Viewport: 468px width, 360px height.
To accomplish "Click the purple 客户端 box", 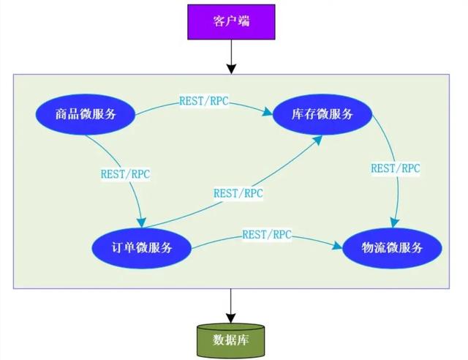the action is [x=231, y=22].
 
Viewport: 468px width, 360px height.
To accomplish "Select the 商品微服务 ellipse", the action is [x=86, y=114].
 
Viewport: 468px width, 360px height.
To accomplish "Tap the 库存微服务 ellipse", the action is [x=322, y=114].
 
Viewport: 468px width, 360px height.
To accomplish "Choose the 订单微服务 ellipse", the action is [x=141, y=248].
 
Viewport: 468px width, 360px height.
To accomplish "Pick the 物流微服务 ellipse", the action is [x=392, y=248].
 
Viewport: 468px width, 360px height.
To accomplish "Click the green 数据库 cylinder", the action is [x=231, y=340].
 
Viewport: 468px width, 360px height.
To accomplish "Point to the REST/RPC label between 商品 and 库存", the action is [x=204, y=101].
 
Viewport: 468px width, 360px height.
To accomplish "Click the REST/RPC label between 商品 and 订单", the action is [x=125, y=174].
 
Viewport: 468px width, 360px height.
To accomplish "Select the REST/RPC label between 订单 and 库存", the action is [x=238, y=194].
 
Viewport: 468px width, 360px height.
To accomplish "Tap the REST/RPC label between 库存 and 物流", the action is [x=396, y=168].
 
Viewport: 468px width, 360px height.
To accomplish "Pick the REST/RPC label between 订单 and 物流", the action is [x=267, y=235].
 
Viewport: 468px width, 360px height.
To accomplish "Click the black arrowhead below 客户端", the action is [x=231, y=69].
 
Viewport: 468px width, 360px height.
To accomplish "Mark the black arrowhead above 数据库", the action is [x=231, y=318].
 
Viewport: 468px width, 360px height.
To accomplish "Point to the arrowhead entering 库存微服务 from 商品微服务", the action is [x=268, y=112].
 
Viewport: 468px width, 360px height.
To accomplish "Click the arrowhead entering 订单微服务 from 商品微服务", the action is [x=141, y=222].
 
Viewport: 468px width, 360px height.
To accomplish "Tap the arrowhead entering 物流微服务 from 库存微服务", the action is [x=395, y=222].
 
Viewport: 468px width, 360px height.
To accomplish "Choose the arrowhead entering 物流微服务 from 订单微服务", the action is [x=337, y=246].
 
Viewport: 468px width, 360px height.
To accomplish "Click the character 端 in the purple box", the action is [x=244, y=21].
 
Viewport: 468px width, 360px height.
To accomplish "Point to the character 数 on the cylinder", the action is [x=219, y=340].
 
